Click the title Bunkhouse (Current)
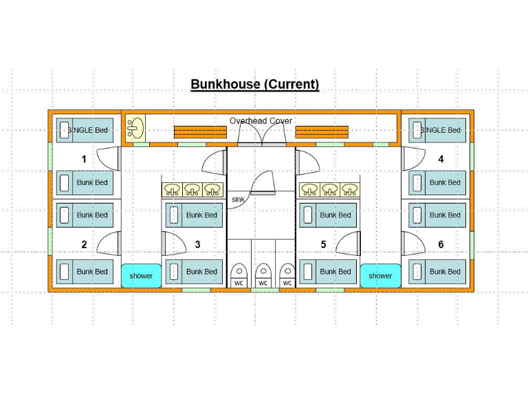click(254, 85)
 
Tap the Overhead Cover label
click(261, 121)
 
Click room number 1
click(84, 159)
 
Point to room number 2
click(84, 244)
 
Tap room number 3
click(198, 244)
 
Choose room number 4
click(441, 159)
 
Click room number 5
click(323, 244)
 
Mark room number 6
click(441, 244)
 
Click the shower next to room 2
click(141, 276)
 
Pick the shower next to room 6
click(379, 276)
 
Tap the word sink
click(238, 199)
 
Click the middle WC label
click(263, 283)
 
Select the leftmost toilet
click(239, 271)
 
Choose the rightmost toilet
click(287, 271)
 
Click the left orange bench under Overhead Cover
click(199, 132)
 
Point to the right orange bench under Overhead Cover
click(321, 132)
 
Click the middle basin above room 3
click(193, 189)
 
